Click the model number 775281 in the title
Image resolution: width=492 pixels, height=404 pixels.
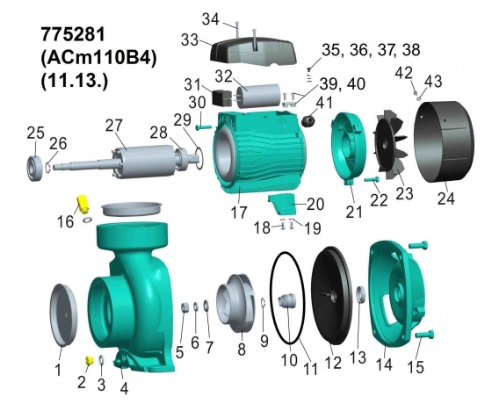(72, 34)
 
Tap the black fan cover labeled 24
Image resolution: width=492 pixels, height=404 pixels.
(444, 145)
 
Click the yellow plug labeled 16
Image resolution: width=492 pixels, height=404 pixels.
(83, 204)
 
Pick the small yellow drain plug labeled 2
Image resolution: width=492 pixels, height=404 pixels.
(90, 360)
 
